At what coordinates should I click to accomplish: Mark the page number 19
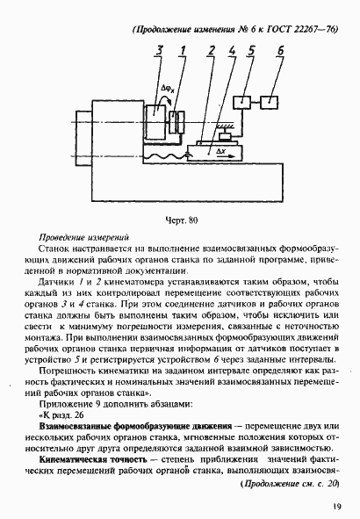point(336,506)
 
